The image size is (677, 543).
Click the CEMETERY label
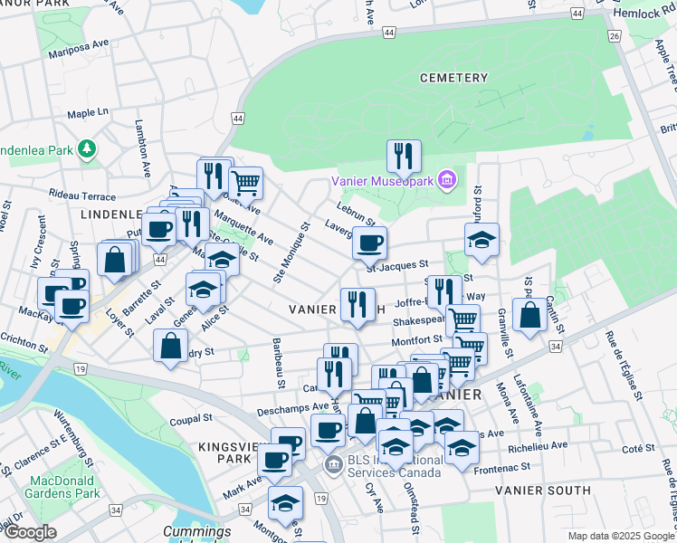454,78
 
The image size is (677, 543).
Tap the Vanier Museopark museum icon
445,181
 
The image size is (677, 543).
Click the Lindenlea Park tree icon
86,147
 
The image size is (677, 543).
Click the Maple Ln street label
88,113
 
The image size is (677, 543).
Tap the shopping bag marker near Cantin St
529,315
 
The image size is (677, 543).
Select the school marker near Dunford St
482,240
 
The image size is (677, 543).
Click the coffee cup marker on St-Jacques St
369,243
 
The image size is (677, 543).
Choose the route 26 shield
614,35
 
